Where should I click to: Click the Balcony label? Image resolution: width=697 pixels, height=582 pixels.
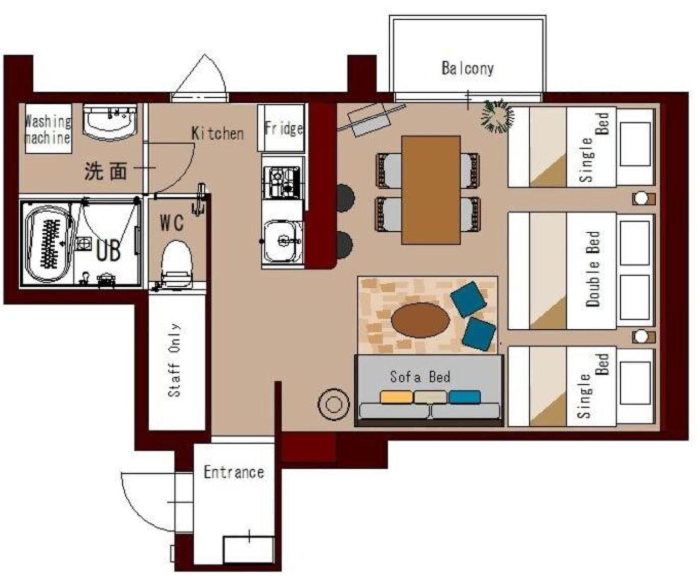[x=467, y=68]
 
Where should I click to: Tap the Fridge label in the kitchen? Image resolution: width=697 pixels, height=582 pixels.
[x=283, y=128]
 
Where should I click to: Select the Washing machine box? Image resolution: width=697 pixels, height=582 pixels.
[x=49, y=128]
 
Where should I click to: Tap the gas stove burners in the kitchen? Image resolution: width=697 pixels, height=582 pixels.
[x=282, y=182]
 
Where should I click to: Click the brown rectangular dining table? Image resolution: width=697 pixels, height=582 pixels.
[x=431, y=190]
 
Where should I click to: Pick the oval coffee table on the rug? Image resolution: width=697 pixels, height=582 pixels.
[x=421, y=320]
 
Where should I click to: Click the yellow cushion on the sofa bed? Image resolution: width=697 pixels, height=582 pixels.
[x=397, y=397]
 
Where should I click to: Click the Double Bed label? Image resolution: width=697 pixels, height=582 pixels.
[x=593, y=268]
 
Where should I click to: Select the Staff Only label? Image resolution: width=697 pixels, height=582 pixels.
[x=175, y=360]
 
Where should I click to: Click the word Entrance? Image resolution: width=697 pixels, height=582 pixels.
[x=234, y=472]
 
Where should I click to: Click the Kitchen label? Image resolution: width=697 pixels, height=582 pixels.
[x=218, y=133]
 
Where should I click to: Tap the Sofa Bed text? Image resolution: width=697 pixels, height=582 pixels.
[x=420, y=377]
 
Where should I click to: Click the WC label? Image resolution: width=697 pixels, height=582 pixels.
[x=172, y=223]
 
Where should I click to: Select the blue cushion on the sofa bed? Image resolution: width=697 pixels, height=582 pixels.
[x=465, y=397]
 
